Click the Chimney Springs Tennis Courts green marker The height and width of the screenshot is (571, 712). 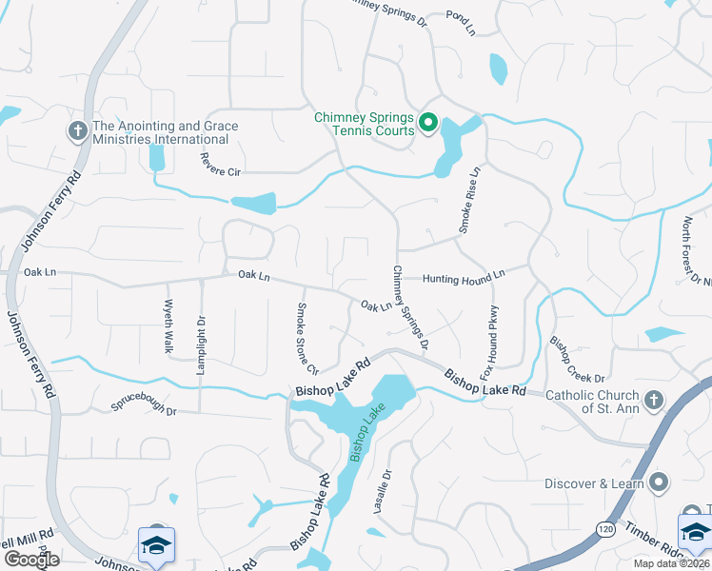pos(428,122)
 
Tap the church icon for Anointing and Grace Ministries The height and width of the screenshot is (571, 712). pos(77,131)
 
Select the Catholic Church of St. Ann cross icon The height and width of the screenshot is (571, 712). pos(653,401)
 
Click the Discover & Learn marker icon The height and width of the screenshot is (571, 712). pos(662,482)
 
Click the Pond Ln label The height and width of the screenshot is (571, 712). pos(461,24)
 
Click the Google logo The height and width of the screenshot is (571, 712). pos(31,560)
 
